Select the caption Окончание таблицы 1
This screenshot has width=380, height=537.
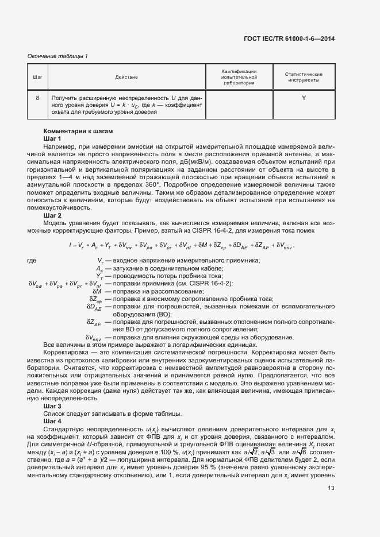[57, 56]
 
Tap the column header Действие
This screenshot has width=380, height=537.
[126, 77]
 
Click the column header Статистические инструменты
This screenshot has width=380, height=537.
[304, 77]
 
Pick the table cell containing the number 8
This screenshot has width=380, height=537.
[37, 98]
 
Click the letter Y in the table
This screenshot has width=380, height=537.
[304, 98]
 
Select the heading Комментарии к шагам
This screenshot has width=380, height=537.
[78, 131]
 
